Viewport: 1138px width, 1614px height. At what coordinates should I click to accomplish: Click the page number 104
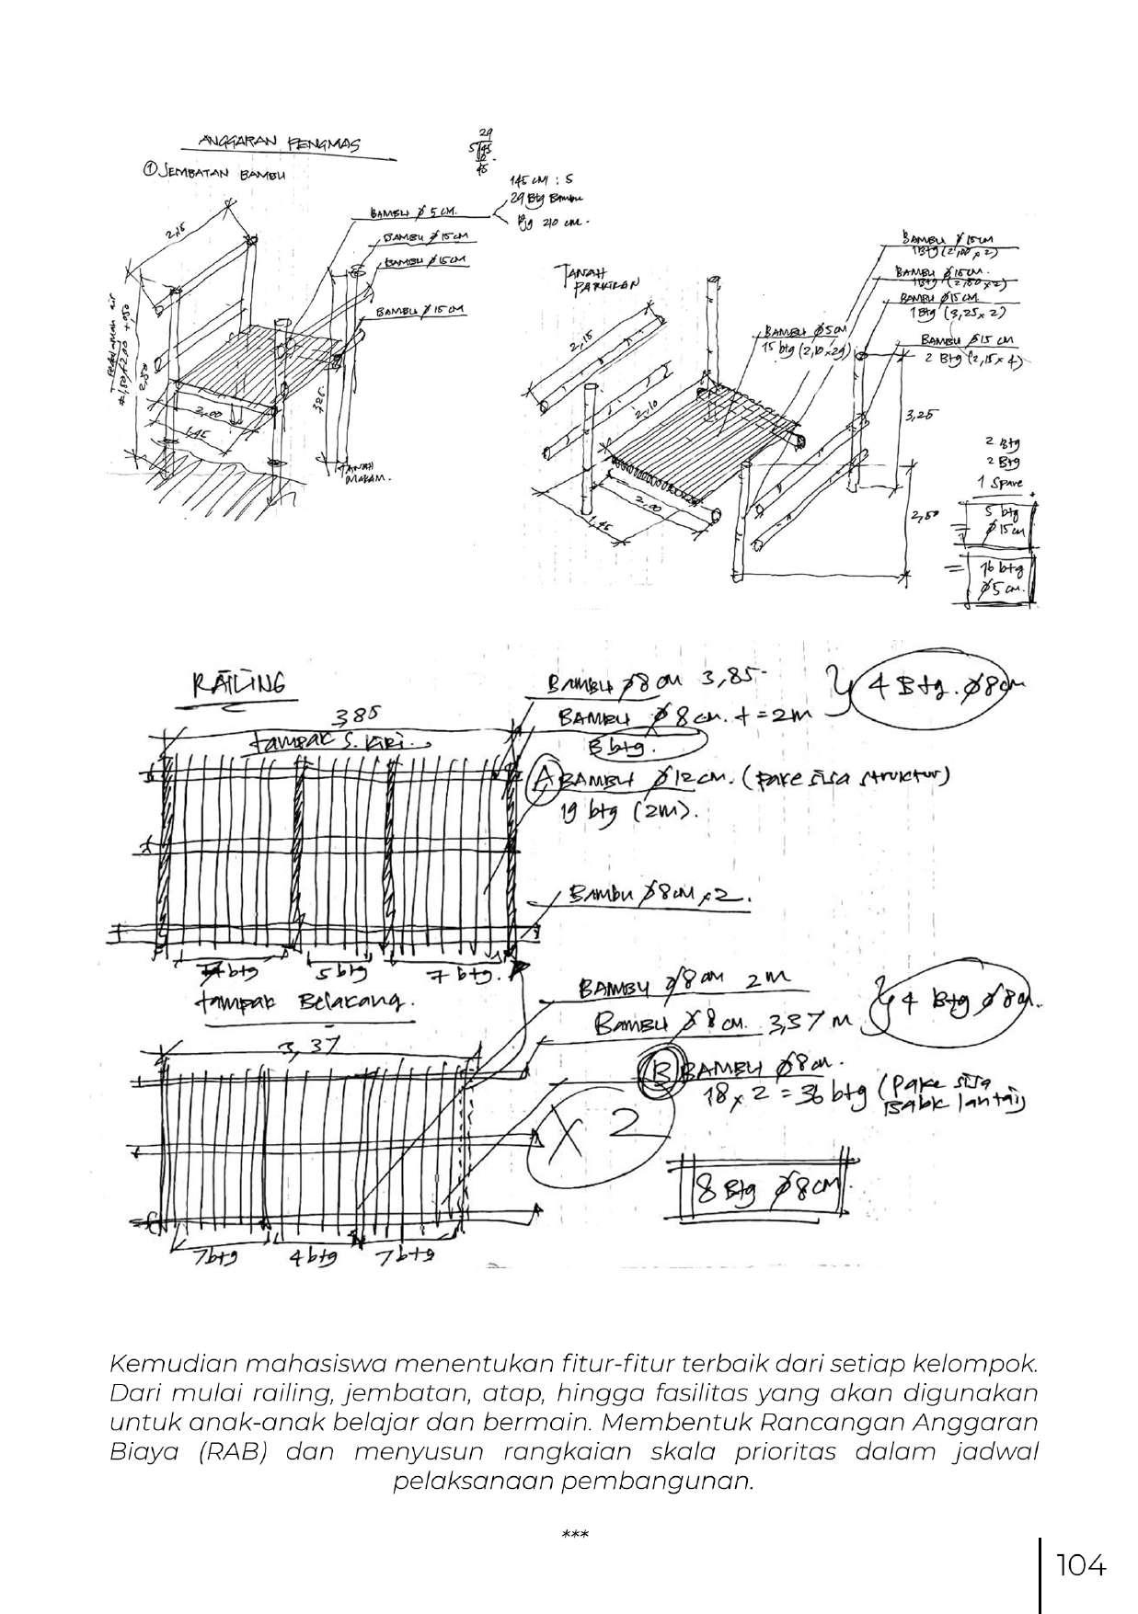[x=1080, y=1564]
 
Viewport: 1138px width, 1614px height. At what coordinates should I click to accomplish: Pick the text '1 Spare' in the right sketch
[x=999, y=483]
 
